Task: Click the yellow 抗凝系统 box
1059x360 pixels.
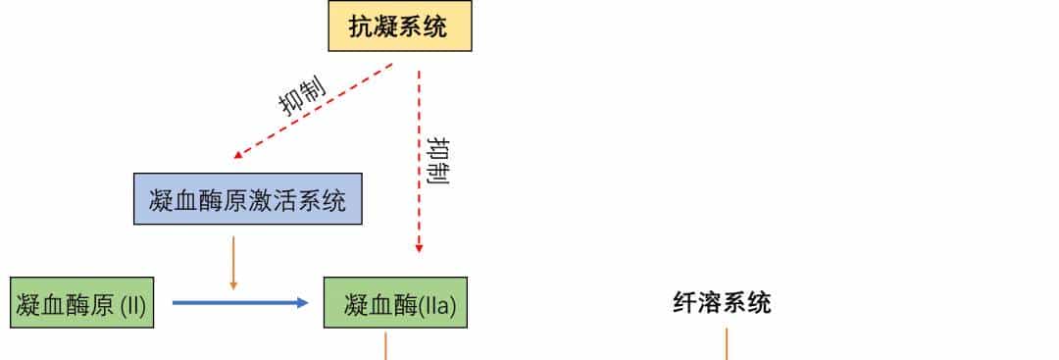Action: (x=399, y=26)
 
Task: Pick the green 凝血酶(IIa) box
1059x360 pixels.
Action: (x=396, y=304)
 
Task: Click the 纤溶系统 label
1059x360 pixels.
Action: (x=722, y=303)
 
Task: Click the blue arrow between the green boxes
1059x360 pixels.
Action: (x=235, y=303)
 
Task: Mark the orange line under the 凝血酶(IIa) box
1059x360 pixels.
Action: (x=385, y=345)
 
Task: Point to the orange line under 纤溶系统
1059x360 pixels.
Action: (x=726, y=344)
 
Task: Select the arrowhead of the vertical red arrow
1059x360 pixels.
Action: (x=419, y=248)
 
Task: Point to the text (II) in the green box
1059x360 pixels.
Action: (x=132, y=305)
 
